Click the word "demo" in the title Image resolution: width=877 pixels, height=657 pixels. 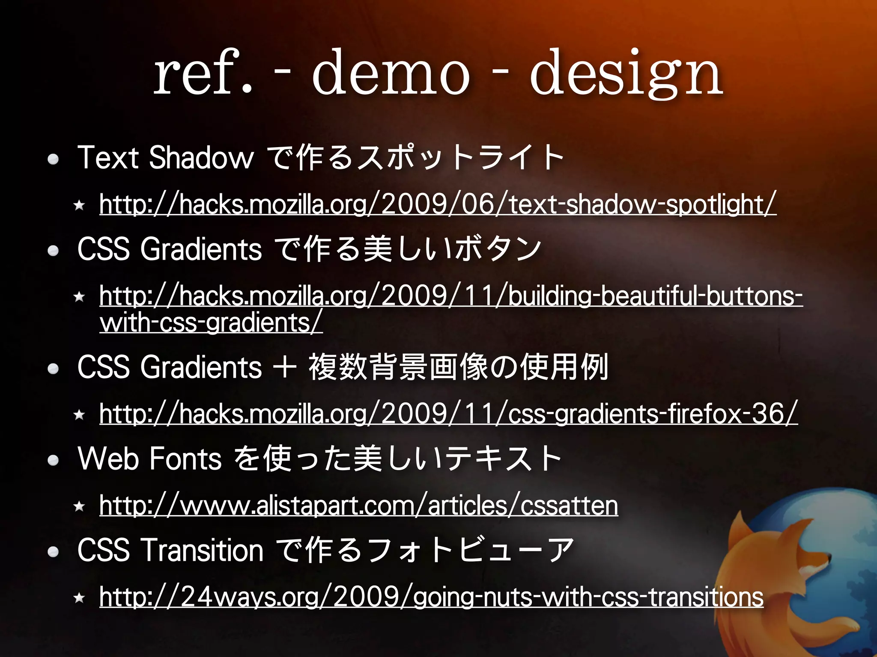point(391,73)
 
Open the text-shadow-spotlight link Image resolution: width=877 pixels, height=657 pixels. point(438,204)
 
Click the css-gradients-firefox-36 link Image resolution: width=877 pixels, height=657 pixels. point(448,414)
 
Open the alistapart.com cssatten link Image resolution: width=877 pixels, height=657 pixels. point(358,506)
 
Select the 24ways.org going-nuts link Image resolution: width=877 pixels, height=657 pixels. point(431,597)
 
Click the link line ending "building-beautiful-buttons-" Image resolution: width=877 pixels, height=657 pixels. point(450,296)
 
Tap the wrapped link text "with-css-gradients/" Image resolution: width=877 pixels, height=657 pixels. point(211,323)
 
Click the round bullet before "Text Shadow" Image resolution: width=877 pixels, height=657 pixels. point(53,160)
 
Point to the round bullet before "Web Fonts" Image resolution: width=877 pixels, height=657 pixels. point(53,460)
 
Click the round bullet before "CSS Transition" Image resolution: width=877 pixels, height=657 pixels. point(53,552)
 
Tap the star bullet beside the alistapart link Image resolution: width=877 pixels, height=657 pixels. point(79,506)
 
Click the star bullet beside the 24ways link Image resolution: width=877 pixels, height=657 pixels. point(79,598)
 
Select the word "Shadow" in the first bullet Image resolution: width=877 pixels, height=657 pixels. point(201,157)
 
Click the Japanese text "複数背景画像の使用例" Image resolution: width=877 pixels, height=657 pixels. point(458,367)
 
